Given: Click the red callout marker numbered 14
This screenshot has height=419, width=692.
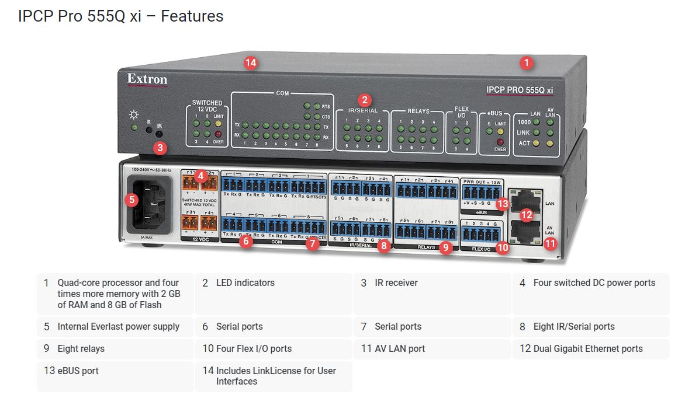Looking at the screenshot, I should click(x=251, y=63).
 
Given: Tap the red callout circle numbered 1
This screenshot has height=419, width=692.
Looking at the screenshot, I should click(x=527, y=63).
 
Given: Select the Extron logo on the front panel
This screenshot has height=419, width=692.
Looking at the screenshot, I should click(x=147, y=79).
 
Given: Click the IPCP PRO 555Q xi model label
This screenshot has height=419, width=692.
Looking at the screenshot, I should click(x=520, y=90).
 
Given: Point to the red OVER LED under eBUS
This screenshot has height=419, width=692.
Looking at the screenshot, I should click(x=500, y=142).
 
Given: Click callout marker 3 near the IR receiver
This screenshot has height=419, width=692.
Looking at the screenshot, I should click(x=160, y=148).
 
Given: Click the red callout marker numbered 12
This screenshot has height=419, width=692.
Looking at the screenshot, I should click(x=527, y=214).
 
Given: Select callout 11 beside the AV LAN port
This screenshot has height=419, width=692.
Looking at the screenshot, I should click(x=550, y=243).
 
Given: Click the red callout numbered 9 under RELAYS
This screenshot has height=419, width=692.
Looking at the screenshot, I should click(x=445, y=247).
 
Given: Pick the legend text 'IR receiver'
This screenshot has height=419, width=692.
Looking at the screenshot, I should click(x=396, y=283).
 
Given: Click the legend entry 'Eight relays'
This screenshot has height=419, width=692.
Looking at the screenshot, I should click(x=81, y=349).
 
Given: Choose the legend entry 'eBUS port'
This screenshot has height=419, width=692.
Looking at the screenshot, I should click(x=78, y=371).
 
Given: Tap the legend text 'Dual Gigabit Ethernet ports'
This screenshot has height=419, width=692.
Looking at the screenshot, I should click(x=587, y=349).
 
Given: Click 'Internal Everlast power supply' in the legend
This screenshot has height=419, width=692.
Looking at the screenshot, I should click(x=118, y=327).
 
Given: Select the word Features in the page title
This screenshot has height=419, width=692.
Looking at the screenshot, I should click(x=192, y=16).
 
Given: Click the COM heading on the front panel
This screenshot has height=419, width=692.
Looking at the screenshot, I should click(x=282, y=93).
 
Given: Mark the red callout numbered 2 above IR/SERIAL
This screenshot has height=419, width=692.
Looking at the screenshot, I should click(x=365, y=100).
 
